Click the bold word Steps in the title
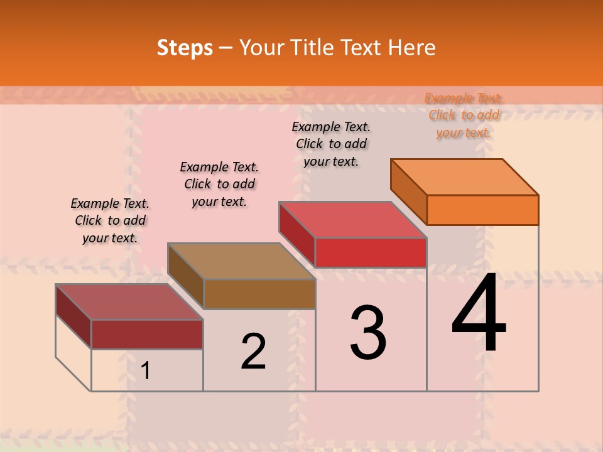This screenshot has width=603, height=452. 185,48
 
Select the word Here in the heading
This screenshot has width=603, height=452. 411,48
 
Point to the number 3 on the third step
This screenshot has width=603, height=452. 368,333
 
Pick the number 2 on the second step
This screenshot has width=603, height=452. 253,352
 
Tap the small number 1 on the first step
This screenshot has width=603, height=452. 146,370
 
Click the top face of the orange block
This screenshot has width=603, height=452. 465,176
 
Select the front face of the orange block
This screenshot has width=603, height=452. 482,210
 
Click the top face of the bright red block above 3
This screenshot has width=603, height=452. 353,220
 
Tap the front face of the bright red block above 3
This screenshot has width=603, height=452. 371,252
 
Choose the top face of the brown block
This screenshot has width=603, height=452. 241,261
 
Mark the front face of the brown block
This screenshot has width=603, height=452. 259,294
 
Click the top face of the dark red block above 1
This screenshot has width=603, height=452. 129,302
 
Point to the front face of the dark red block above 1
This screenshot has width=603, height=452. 147,334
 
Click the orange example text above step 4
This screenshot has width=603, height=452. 464,115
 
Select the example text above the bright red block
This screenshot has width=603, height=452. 331,144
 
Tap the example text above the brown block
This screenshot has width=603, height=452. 219,184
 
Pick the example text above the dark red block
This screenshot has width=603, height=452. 110,220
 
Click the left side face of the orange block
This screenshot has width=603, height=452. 409,191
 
